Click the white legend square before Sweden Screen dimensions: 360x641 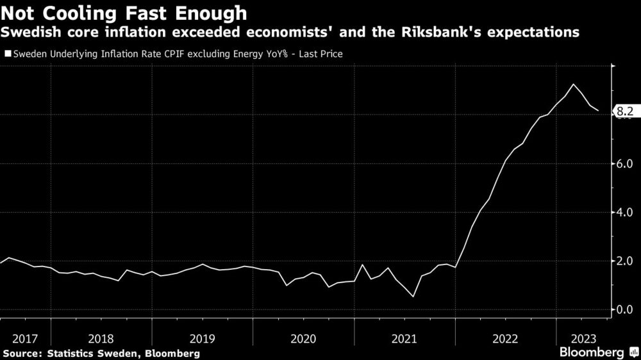click(x=7, y=54)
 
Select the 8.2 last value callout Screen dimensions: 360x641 click(x=624, y=112)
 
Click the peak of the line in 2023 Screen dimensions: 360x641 click(x=573, y=85)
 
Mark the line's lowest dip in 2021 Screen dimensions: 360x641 click(x=413, y=297)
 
